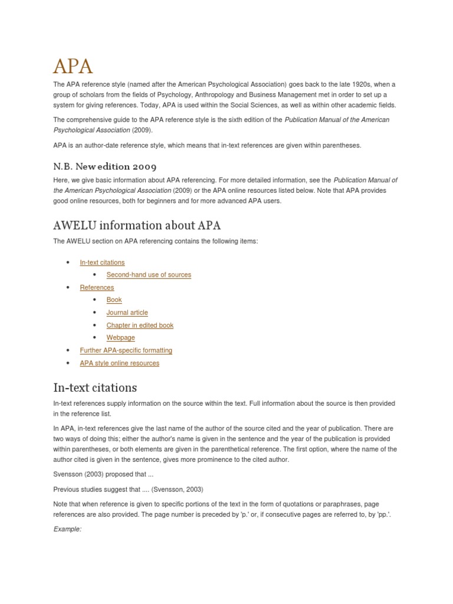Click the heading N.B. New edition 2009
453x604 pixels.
[x=105, y=167]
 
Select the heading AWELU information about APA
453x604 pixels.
[x=137, y=225]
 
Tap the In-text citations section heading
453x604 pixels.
[x=95, y=388]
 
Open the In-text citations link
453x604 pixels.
[x=102, y=262]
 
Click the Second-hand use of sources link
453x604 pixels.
[x=149, y=275]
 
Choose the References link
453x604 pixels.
[x=97, y=287]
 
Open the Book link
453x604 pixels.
[x=114, y=300]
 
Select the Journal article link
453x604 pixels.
[x=127, y=313]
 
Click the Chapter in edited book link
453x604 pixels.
[x=140, y=325]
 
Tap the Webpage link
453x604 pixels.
[x=120, y=337]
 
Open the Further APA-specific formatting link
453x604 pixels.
[x=126, y=350]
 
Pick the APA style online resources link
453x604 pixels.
[x=119, y=363]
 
